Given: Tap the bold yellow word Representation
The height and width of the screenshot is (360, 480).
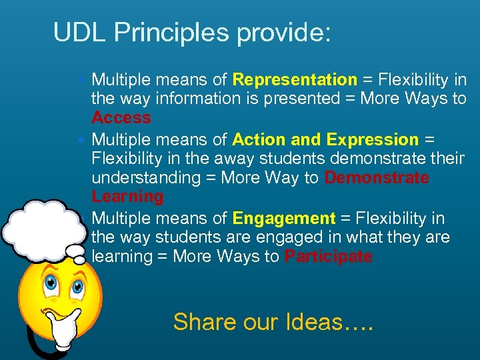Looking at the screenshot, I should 295,80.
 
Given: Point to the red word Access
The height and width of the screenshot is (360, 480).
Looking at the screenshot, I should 121,118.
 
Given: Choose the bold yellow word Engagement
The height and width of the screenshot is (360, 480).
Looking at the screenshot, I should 284,219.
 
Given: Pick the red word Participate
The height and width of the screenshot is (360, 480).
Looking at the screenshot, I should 328,257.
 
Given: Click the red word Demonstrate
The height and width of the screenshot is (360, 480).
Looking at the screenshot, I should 377,178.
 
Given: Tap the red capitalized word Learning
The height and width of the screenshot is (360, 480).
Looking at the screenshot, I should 127,197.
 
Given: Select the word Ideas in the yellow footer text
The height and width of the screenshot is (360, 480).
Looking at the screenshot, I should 313,322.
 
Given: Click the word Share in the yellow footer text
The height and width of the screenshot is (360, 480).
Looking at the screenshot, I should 204,322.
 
